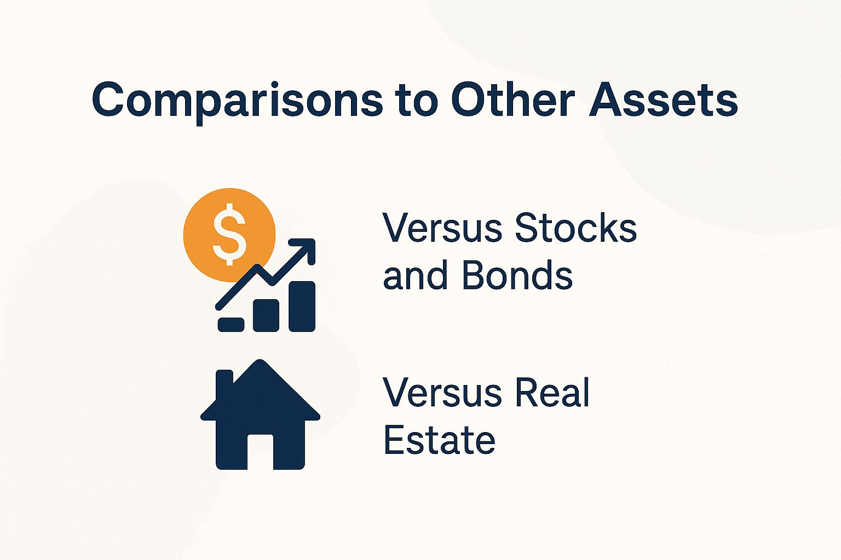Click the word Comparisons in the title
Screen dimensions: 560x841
tap(237, 101)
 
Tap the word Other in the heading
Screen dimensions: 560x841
tap(512, 100)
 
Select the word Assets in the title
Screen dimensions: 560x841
tap(663, 100)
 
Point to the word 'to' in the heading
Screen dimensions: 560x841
tap(420, 101)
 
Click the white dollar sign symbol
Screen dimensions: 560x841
tap(229, 234)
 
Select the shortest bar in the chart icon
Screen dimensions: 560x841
tap(231, 324)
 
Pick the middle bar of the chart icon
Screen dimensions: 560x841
tap(266, 315)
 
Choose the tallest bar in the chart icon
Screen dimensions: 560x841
tap(302, 306)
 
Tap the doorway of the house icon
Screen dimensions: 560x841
tap(260, 452)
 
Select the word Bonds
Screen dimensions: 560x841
tap(517, 275)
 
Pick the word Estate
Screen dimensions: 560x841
tap(439, 440)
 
